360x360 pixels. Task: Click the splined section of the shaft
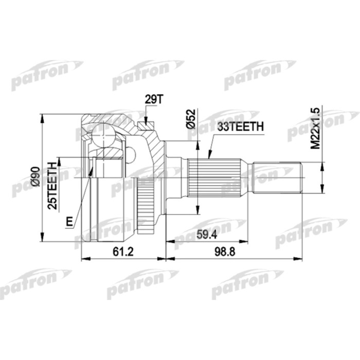point(214,179)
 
